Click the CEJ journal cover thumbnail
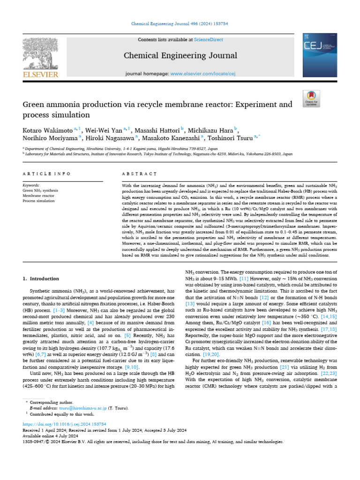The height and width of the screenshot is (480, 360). [x=319, y=55]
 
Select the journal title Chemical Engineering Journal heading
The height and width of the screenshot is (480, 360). [x=180, y=56]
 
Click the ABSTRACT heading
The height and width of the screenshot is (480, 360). [x=139, y=174]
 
